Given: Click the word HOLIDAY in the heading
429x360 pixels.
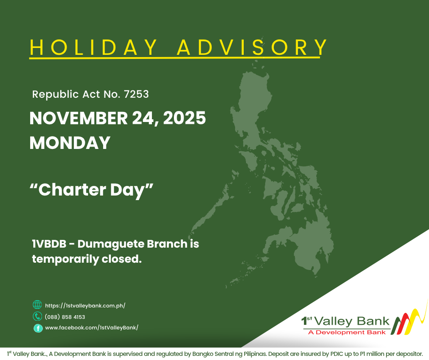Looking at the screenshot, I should coord(93,48).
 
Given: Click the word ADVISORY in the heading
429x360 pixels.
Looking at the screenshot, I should coord(252,48).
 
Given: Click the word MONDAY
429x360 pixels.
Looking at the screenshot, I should coord(70,143).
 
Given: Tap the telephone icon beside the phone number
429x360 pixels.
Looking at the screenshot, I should coord(37,317).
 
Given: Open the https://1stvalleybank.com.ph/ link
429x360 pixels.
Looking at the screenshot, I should coord(85,306).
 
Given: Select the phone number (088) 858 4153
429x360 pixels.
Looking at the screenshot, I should coord(65,317).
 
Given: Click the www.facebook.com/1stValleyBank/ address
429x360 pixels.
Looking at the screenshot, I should coord(91,328).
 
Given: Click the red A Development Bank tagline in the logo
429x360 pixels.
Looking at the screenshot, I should coord(347,332).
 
